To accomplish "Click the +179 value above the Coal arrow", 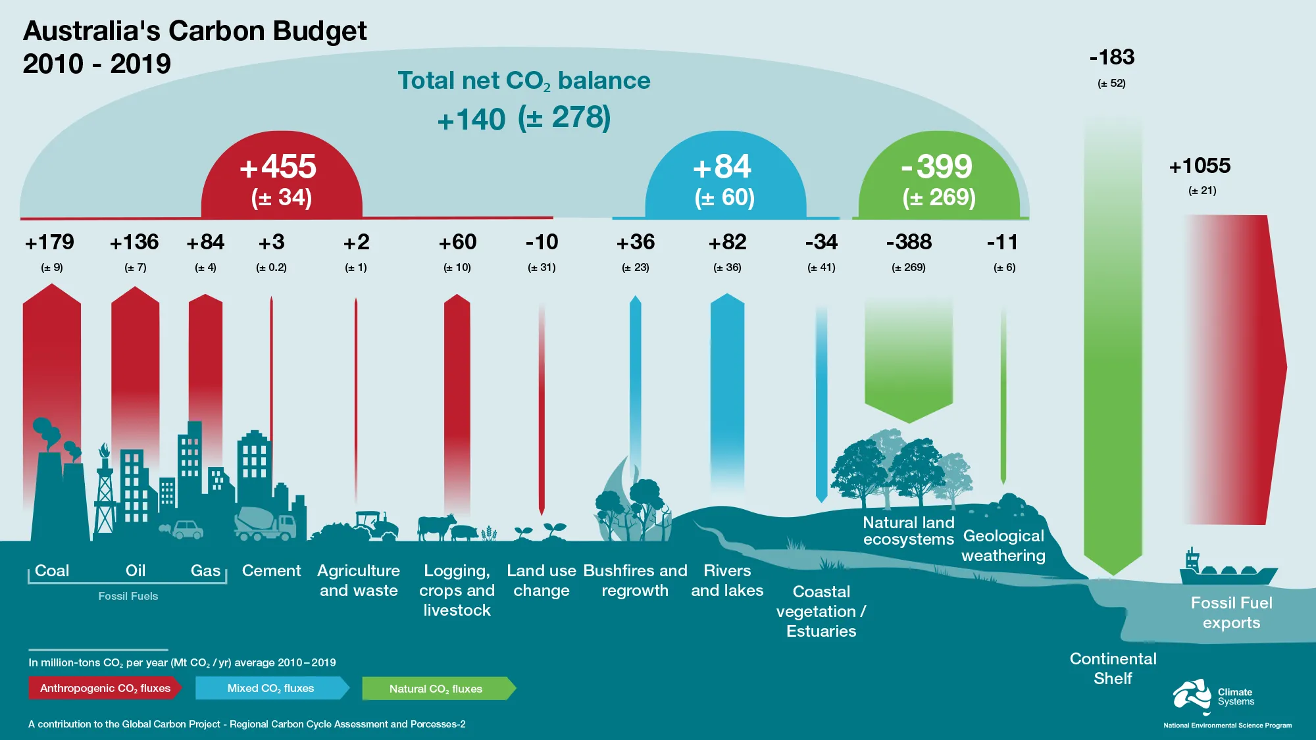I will (50, 243).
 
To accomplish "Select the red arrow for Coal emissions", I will (52, 355).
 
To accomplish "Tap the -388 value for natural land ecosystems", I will (909, 243).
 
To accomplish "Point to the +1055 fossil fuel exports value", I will (1200, 166).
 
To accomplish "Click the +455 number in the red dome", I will (278, 167).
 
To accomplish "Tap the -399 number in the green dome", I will (937, 167).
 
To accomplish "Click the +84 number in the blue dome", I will (722, 167).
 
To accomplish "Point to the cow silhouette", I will (436, 527).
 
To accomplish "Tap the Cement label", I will (271, 571).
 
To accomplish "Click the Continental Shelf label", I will (1113, 668).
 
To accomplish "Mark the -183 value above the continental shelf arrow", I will (1112, 58).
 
